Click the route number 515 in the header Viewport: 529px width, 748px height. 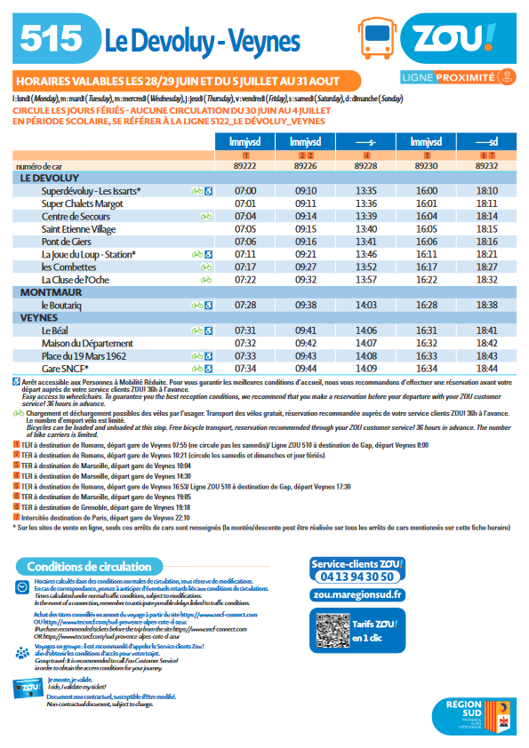pos(52,38)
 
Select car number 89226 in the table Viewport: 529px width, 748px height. pos(306,165)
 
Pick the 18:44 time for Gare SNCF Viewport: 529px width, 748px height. pos(486,368)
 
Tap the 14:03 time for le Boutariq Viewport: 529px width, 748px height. pos(366,305)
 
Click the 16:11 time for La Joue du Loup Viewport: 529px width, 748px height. pos(426,254)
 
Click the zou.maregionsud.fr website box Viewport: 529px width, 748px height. pos(357,595)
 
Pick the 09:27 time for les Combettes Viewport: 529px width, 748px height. pos(306,267)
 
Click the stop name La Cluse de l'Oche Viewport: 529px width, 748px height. pos(78,279)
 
